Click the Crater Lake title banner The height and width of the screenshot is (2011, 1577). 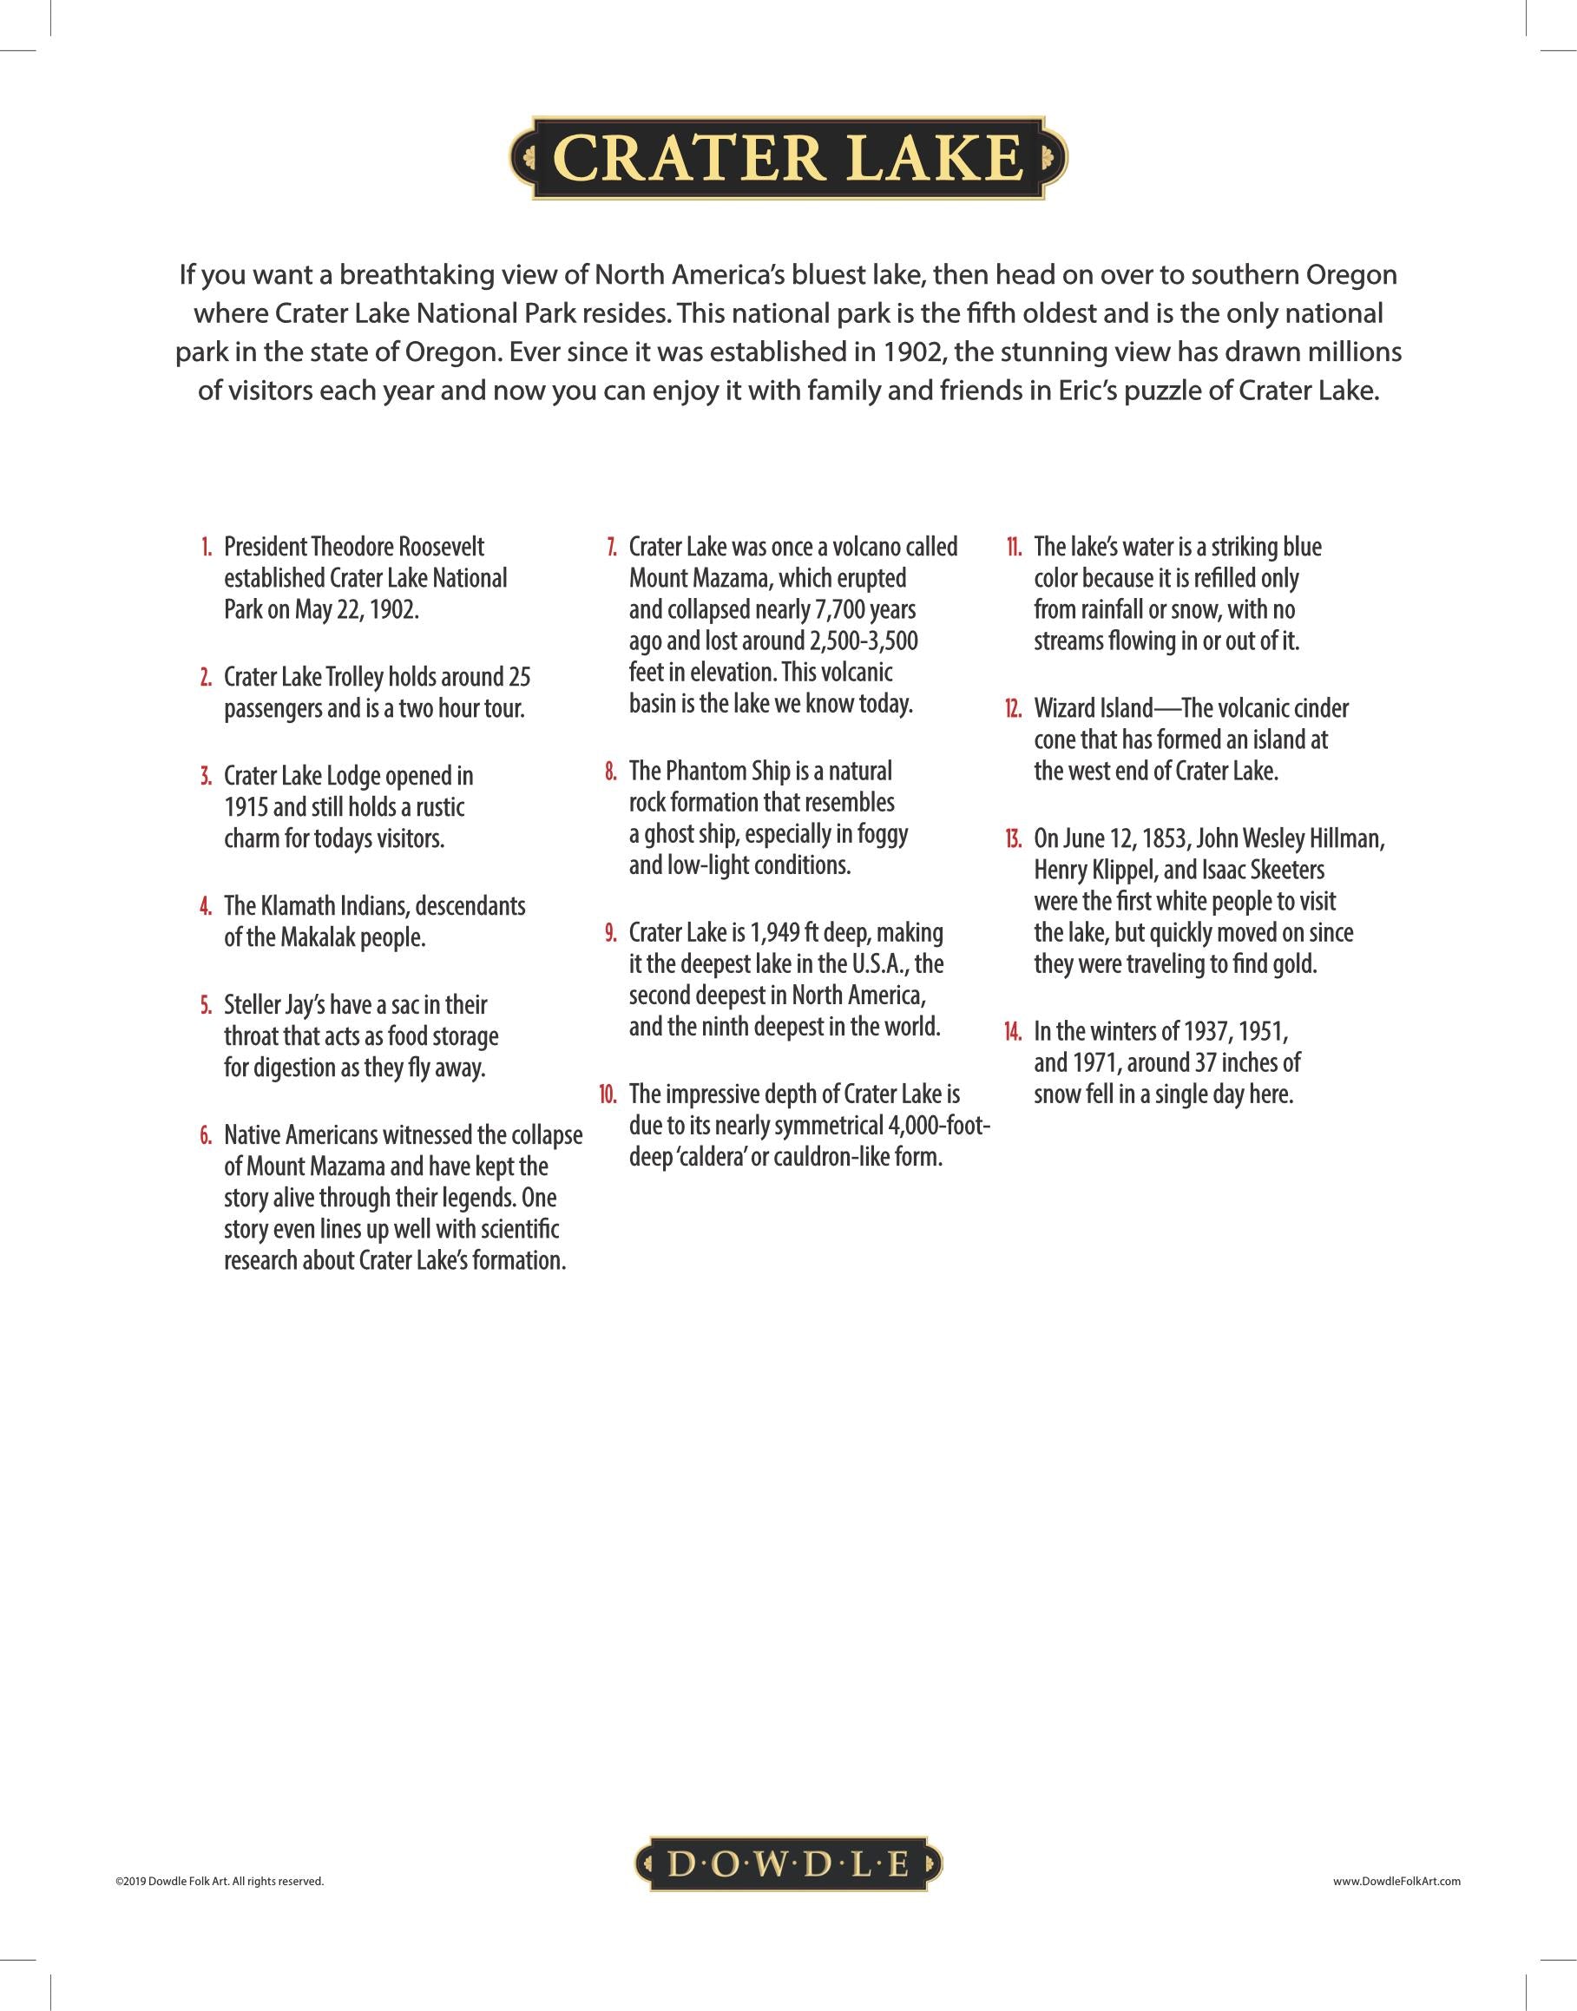pos(787,158)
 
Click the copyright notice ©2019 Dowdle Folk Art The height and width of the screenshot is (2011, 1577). pos(220,1881)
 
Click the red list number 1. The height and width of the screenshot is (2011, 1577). pos(206,547)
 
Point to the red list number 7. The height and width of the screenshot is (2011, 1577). pos(611,547)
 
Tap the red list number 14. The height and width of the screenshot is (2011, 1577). pos(1013,1031)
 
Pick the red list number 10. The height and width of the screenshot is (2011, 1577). pos(608,1095)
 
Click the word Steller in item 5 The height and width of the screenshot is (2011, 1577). pos(252,1004)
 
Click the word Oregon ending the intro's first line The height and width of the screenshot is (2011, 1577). pos(1351,275)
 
